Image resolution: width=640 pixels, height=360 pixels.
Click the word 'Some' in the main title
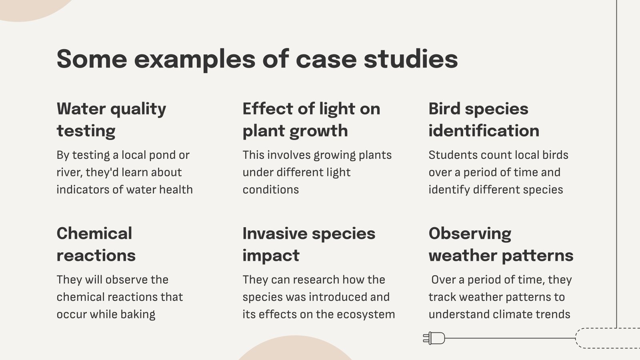point(92,59)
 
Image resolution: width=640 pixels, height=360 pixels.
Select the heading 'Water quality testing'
point(111,120)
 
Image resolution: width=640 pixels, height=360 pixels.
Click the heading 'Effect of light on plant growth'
point(311,120)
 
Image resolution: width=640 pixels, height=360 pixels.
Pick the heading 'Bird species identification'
point(484,120)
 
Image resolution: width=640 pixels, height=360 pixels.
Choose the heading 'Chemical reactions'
point(96,244)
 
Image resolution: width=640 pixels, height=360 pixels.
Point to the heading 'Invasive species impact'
point(309,244)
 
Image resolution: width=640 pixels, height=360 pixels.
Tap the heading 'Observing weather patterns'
point(501,244)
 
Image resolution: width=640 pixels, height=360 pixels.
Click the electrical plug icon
point(434,338)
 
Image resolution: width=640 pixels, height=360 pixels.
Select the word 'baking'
point(138,314)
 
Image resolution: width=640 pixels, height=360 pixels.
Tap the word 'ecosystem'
point(366,314)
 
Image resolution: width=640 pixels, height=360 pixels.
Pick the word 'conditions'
point(270,190)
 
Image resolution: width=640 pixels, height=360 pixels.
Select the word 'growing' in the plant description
point(334,156)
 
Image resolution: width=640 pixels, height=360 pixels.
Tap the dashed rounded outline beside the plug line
point(576,338)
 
